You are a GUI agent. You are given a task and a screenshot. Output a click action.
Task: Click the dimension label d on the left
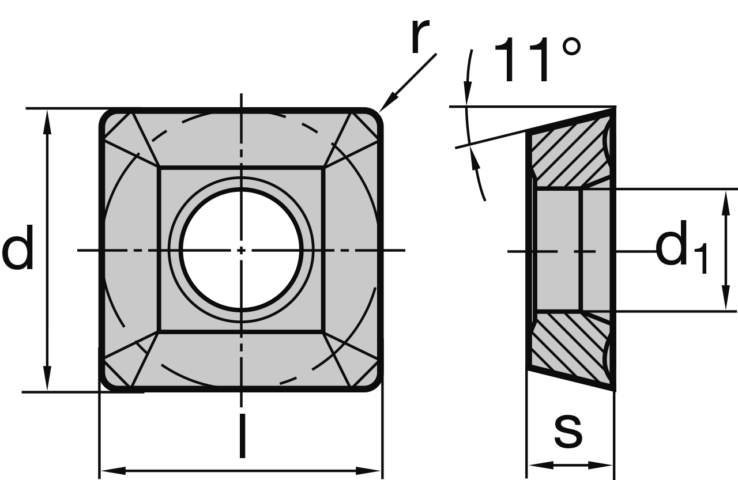pyautogui.click(x=18, y=249)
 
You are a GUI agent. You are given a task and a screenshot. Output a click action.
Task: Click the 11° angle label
pyautogui.click(x=537, y=61)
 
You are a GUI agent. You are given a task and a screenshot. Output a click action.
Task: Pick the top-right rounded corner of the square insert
pyautogui.click(x=374, y=116)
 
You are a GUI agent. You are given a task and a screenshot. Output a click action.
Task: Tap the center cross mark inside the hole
pyautogui.click(x=241, y=250)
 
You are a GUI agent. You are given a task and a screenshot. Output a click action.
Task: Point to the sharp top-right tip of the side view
pyautogui.click(x=614, y=108)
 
